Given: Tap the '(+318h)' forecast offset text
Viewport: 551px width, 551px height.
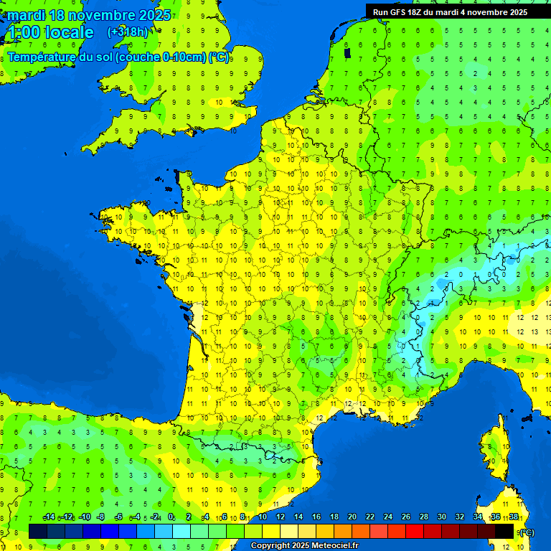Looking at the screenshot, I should (x=128, y=32).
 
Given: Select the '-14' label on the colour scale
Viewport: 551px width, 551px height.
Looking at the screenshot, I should (x=49, y=517).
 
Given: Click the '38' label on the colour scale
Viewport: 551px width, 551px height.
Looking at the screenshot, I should (x=514, y=517).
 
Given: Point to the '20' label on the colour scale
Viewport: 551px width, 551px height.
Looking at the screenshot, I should (x=352, y=517).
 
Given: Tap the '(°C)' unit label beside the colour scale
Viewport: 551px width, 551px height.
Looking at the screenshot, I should (x=526, y=532).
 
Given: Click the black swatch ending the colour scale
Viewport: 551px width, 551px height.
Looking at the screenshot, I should (x=504, y=531).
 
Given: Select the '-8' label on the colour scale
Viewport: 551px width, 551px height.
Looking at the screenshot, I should (x=102, y=517).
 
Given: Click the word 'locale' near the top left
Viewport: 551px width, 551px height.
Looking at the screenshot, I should (x=69, y=32).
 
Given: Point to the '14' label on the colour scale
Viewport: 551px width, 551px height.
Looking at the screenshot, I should (x=298, y=517).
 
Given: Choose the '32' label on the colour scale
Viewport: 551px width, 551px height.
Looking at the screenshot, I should (x=460, y=517).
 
